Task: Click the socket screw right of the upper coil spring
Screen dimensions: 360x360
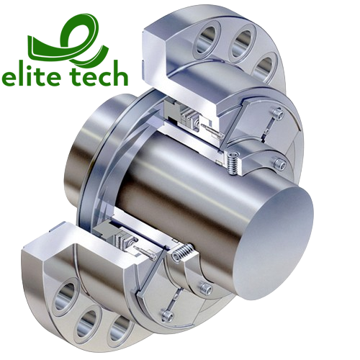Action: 274,161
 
